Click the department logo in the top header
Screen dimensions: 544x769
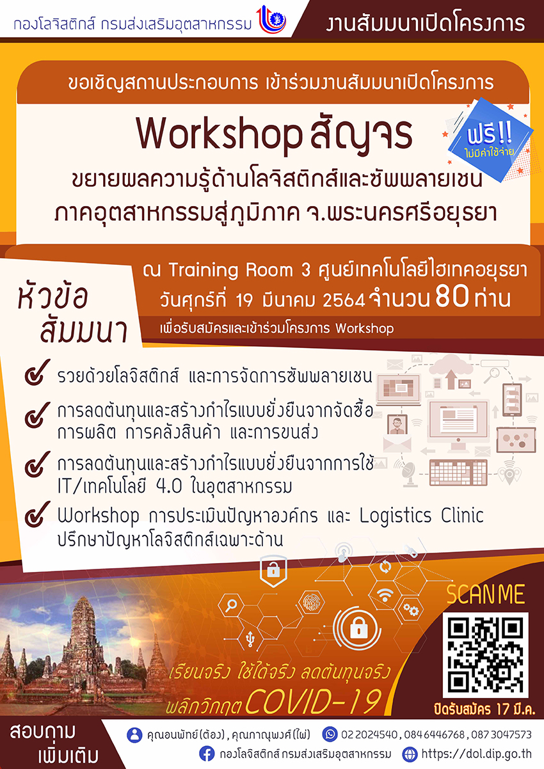(x=271, y=19)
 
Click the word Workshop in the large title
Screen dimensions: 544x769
(x=219, y=135)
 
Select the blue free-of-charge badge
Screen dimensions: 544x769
(x=490, y=139)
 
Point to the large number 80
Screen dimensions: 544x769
(x=452, y=296)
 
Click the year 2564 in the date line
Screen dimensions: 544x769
(x=344, y=301)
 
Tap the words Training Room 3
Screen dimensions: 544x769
(x=239, y=270)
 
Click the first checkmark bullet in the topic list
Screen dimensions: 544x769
(x=37, y=372)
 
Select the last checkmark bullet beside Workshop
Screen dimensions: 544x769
(x=37, y=514)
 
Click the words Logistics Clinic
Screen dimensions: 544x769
(x=421, y=516)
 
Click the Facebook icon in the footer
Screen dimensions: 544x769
(x=207, y=754)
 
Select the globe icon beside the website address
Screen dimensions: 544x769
(x=410, y=754)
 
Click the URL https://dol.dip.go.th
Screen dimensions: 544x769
(x=477, y=754)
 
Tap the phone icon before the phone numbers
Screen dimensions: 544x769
(x=330, y=734)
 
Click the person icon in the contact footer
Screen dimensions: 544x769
(x=134, y=735)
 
